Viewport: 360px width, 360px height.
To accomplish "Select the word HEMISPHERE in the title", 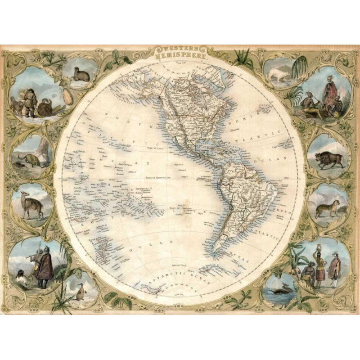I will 180,57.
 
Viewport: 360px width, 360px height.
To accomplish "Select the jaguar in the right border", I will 327,208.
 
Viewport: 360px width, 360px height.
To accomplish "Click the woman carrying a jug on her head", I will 320,265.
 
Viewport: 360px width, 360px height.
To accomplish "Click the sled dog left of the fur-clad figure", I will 15,108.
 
